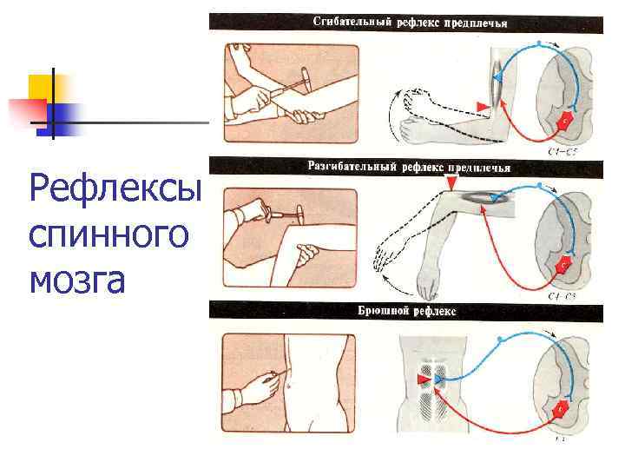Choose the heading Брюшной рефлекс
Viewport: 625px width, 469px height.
[406, 310]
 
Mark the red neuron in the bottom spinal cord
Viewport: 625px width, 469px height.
[562, 406]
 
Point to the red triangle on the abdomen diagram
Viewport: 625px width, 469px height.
[423, 380]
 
